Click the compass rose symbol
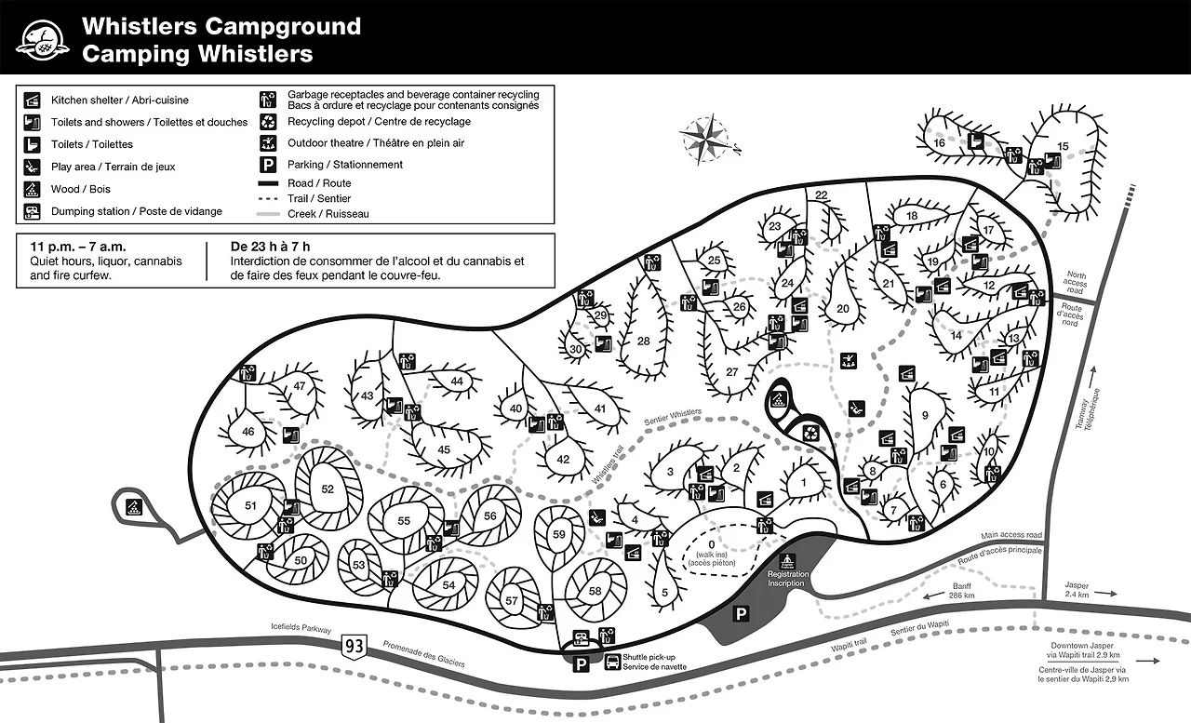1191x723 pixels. coord(709,137)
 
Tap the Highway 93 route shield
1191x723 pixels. coord(354,644)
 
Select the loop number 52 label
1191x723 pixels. coord(328,489)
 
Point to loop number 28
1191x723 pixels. coord(643,341)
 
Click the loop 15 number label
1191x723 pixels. coord(1064,145)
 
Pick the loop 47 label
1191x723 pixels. coord(300,386)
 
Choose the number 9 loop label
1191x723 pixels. coord(925,415)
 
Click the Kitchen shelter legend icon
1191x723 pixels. coord(33,100)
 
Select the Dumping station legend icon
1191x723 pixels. coord(33,211)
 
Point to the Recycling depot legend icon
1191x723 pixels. coord(269,121)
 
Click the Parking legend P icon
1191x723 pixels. coord(269,165)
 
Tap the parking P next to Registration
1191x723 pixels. coord(742,614)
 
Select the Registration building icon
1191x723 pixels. coord(787,561)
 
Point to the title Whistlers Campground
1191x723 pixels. coord(221,26)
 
